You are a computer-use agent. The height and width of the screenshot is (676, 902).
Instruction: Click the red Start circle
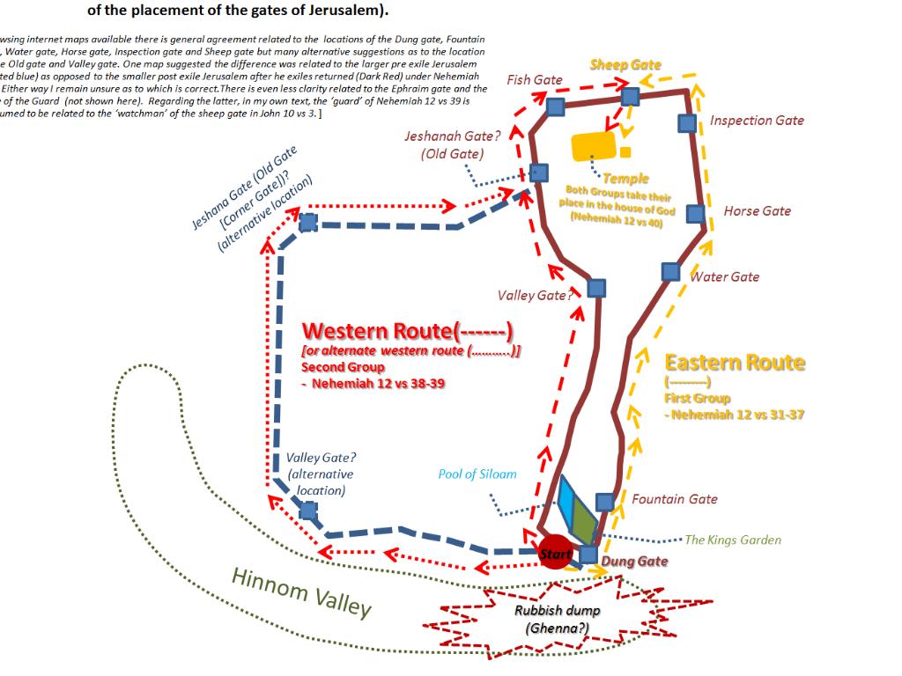point(555,552)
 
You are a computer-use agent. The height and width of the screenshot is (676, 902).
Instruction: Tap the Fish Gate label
point(535,80)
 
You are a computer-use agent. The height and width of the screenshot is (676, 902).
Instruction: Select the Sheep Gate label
point(625,65)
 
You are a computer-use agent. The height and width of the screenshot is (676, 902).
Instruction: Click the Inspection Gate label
point(757,121)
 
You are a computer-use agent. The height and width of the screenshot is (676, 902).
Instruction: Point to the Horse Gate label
point(757,211)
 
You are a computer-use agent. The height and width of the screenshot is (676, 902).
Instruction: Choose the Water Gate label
point(724,277)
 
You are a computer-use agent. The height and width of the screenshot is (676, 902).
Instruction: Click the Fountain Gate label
point(674,499)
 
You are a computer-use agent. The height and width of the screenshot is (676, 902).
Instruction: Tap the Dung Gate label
point(634,562)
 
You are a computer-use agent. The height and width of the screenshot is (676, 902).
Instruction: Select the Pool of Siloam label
point(477,474)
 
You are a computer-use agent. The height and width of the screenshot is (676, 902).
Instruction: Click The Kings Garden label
point(733,540)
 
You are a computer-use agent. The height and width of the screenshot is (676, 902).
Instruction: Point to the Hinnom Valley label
point(301,591)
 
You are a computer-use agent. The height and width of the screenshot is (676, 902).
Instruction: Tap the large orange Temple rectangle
point(595,147)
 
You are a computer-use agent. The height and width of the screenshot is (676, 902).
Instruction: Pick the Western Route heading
point(407,331)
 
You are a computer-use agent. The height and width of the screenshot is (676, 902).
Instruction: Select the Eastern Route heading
point(735,363)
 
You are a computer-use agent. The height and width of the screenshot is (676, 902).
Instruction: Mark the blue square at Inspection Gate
point(687,122)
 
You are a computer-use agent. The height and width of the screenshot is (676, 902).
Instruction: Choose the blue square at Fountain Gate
point(604,502)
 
